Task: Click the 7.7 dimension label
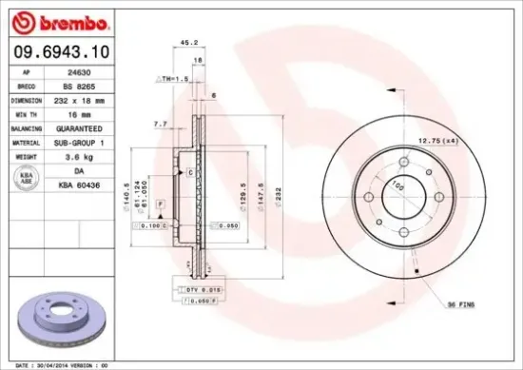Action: [x=159, y=124]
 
